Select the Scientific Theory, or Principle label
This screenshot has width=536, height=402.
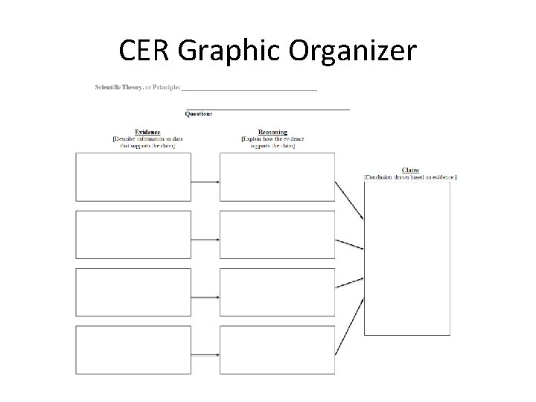(x=137, y=87)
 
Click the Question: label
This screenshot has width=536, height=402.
(x=199, y=114)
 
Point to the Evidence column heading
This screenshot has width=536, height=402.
(x=147, y=133)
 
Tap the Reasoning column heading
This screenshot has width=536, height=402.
(x=272, y=133)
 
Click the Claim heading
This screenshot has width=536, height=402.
(x=410, y=170)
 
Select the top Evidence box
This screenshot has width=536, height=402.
(x=133, y=177)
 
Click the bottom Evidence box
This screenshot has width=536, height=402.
(x=133, y=351)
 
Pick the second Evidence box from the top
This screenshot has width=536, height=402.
(x=133, y=234)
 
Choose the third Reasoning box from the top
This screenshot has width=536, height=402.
(x=277, y=293)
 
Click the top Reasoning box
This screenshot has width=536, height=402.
(x=277, y=177)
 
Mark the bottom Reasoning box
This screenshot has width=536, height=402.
(x=277, y=351)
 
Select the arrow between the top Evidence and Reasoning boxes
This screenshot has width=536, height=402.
(x=205, y=181)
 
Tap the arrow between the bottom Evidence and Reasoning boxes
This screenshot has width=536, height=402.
(x=205, y=354)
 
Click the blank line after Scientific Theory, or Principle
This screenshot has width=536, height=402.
(x=249, y=89)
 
